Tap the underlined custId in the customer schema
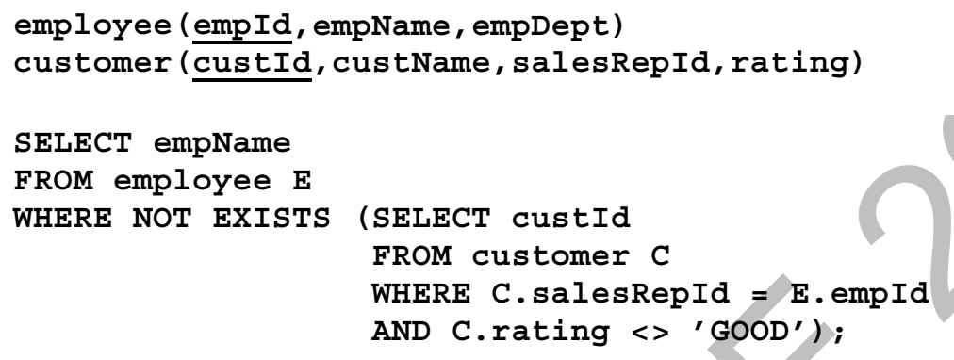(x=252, y=64)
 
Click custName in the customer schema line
(x=412, y=62)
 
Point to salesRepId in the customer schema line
(x=611, y=64)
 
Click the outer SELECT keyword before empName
(x=73, y=143)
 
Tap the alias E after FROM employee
(x=302, y=181)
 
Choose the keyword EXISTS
(x=271, y=219)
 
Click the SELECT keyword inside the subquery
(x=431, y=219)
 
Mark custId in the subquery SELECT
(x=570, y=219)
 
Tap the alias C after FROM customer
(x=660, y=256)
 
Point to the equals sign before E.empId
(x=760, y=294)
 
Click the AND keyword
(x=401, y=332)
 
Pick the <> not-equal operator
(x=650, y=333)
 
